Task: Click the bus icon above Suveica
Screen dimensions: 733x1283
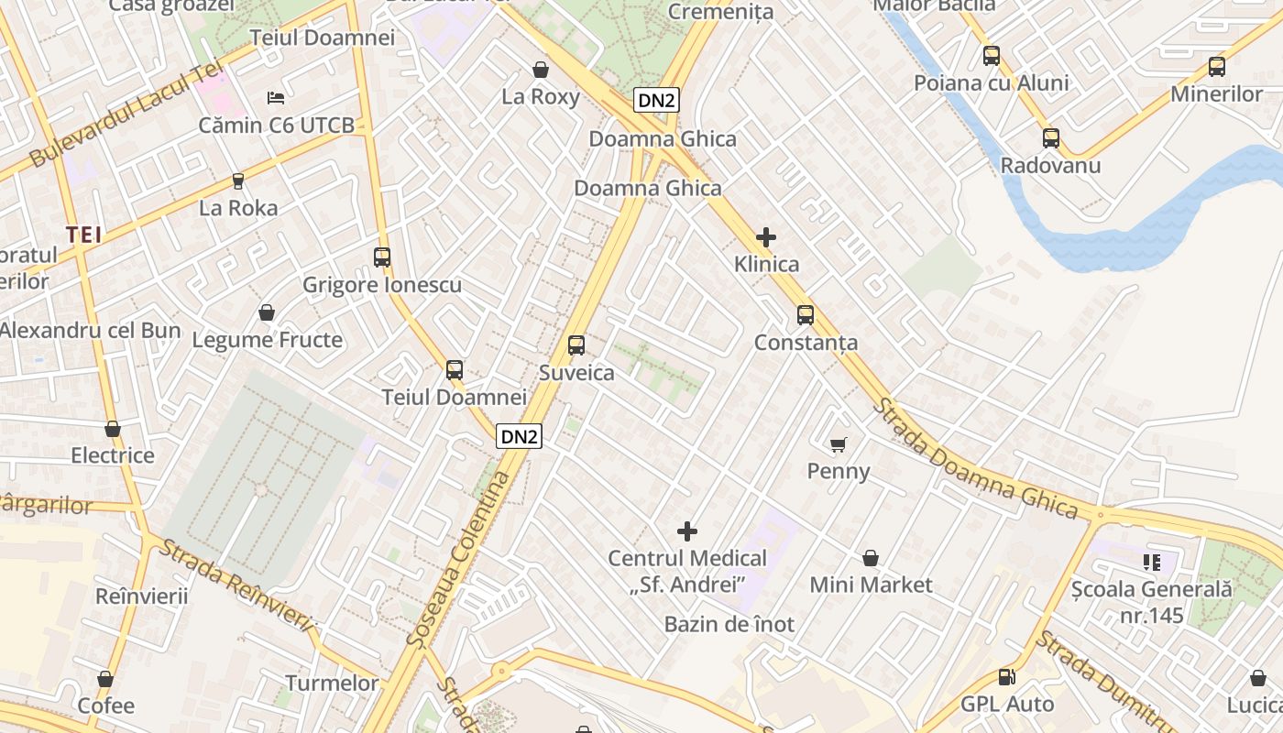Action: pos(576,345)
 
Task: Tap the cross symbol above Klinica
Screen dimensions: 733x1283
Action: pos(766,237)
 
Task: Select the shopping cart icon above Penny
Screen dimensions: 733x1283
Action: pos(838,445)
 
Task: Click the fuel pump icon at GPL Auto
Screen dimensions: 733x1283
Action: pos(1006,677)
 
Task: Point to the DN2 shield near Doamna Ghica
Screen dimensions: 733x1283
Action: pos(656,101)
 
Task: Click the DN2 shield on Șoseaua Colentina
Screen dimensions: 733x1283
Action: pos(519,436)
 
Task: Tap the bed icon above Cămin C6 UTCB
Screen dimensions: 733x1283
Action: pos(276,97)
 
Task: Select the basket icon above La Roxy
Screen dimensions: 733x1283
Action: pos(541,70)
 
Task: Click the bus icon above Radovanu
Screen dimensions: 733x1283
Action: pos(1050,138)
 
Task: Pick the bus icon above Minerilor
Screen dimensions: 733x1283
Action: pos(1216,67)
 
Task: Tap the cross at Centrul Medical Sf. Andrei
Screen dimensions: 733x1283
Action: pos(687,531)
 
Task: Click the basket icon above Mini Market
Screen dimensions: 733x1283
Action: pos(871,558)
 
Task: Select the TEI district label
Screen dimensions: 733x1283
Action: pos(83,235)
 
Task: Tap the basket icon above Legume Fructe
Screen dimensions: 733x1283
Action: pos(267,313)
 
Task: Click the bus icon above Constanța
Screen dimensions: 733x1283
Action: pos(805,315)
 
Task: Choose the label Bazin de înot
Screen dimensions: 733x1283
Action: pos(729,625)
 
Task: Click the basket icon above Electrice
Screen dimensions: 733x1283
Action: pos(113,429)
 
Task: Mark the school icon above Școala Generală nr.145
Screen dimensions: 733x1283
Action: pos(1152,562)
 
